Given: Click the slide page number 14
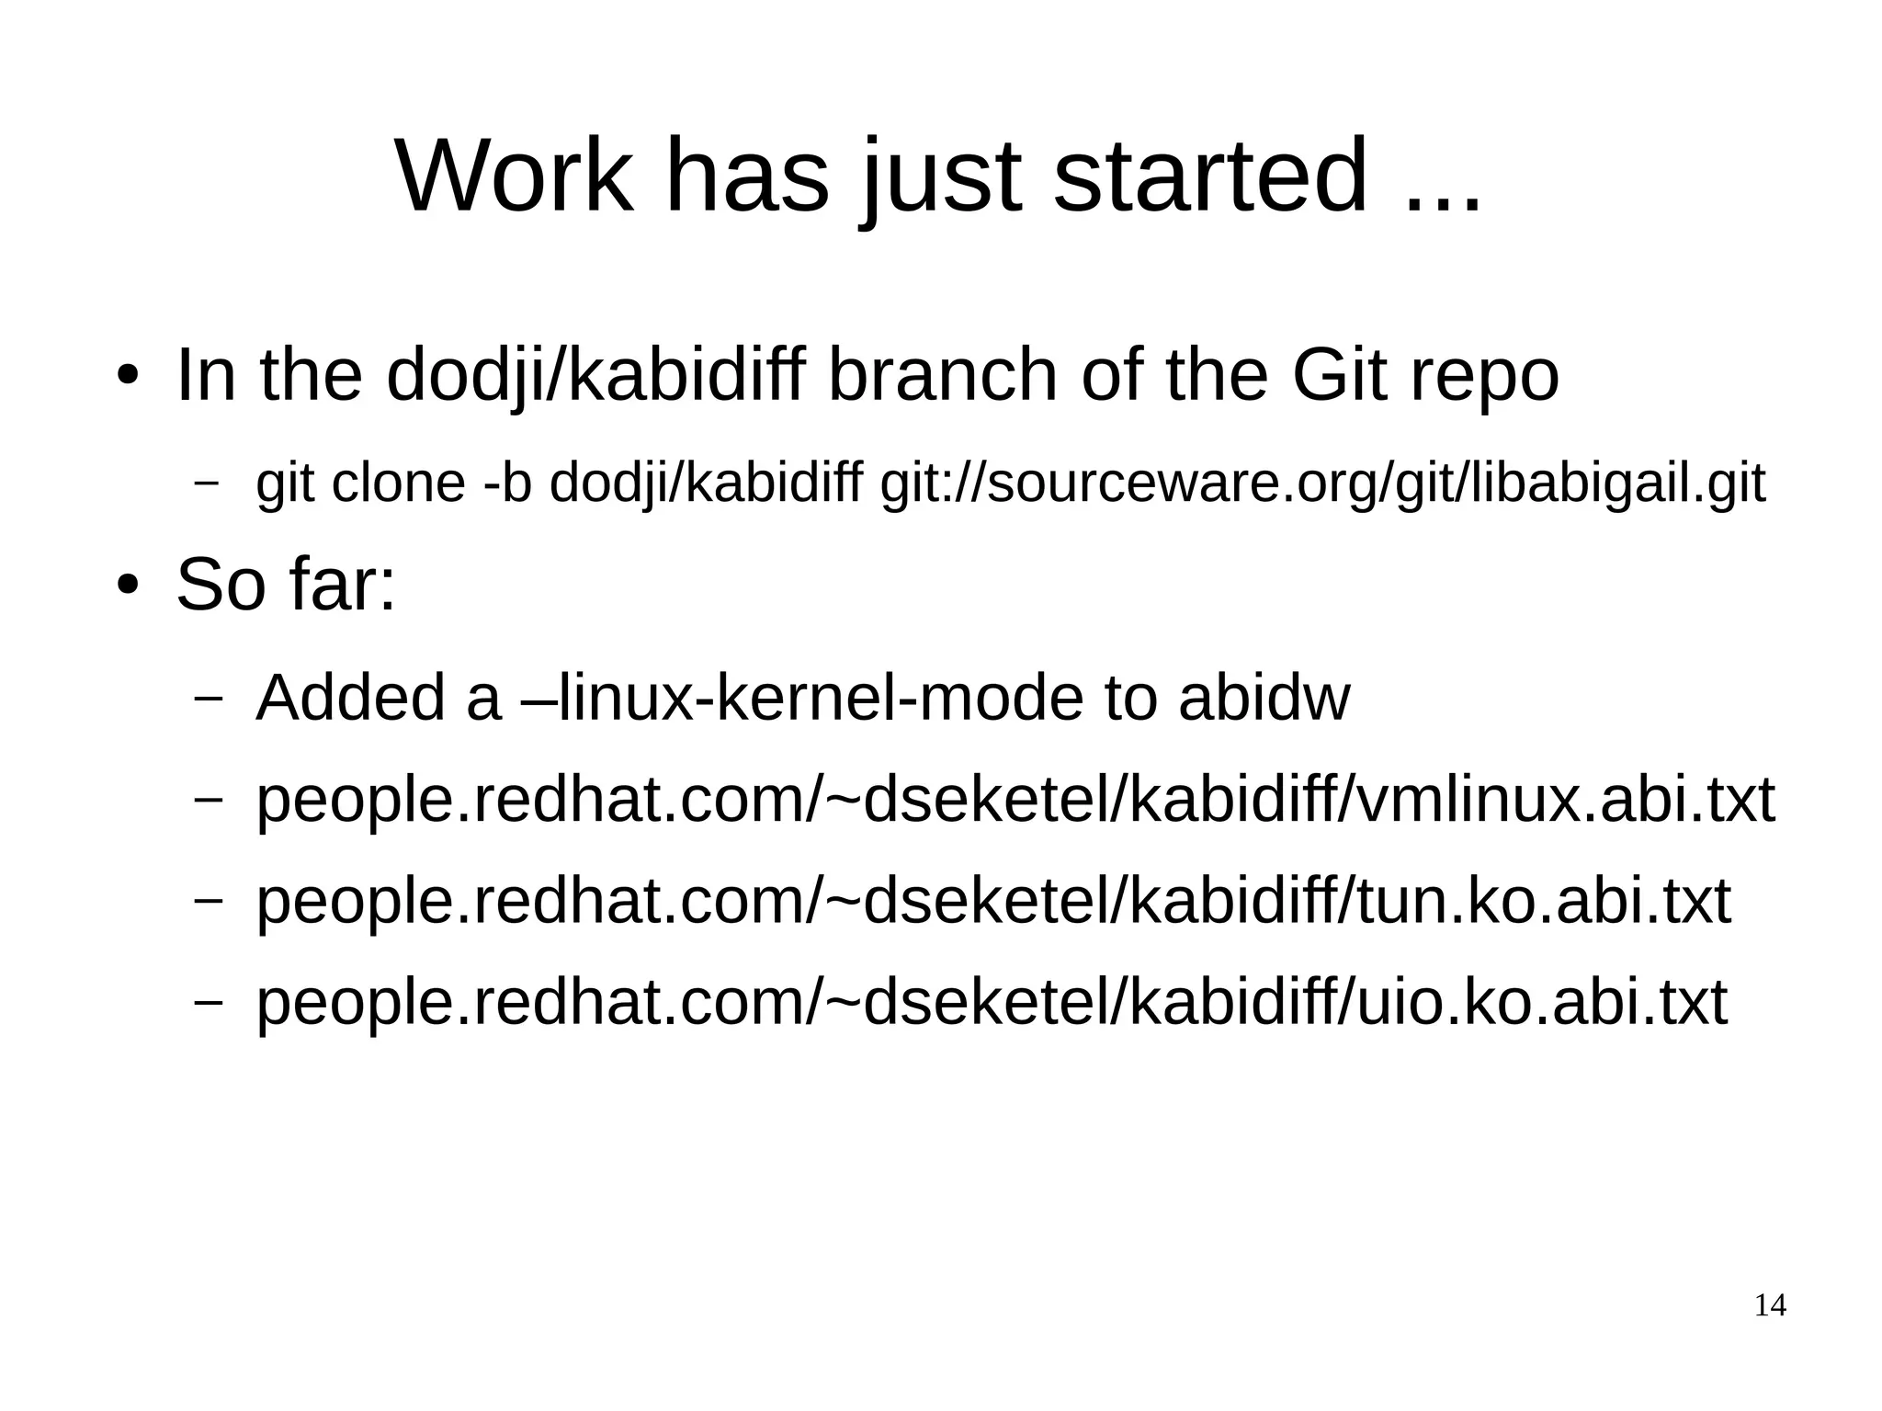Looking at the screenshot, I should [x=1770, y=1305].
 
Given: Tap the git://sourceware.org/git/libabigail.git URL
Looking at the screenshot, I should [x=1322, y=484].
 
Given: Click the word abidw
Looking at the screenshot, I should [x=1264, y=698].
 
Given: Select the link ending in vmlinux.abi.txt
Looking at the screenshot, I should [x=1015, y=800].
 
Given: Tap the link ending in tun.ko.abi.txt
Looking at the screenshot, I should [x=992, y=901].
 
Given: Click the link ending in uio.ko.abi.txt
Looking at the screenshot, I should [x=991, y=1002].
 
